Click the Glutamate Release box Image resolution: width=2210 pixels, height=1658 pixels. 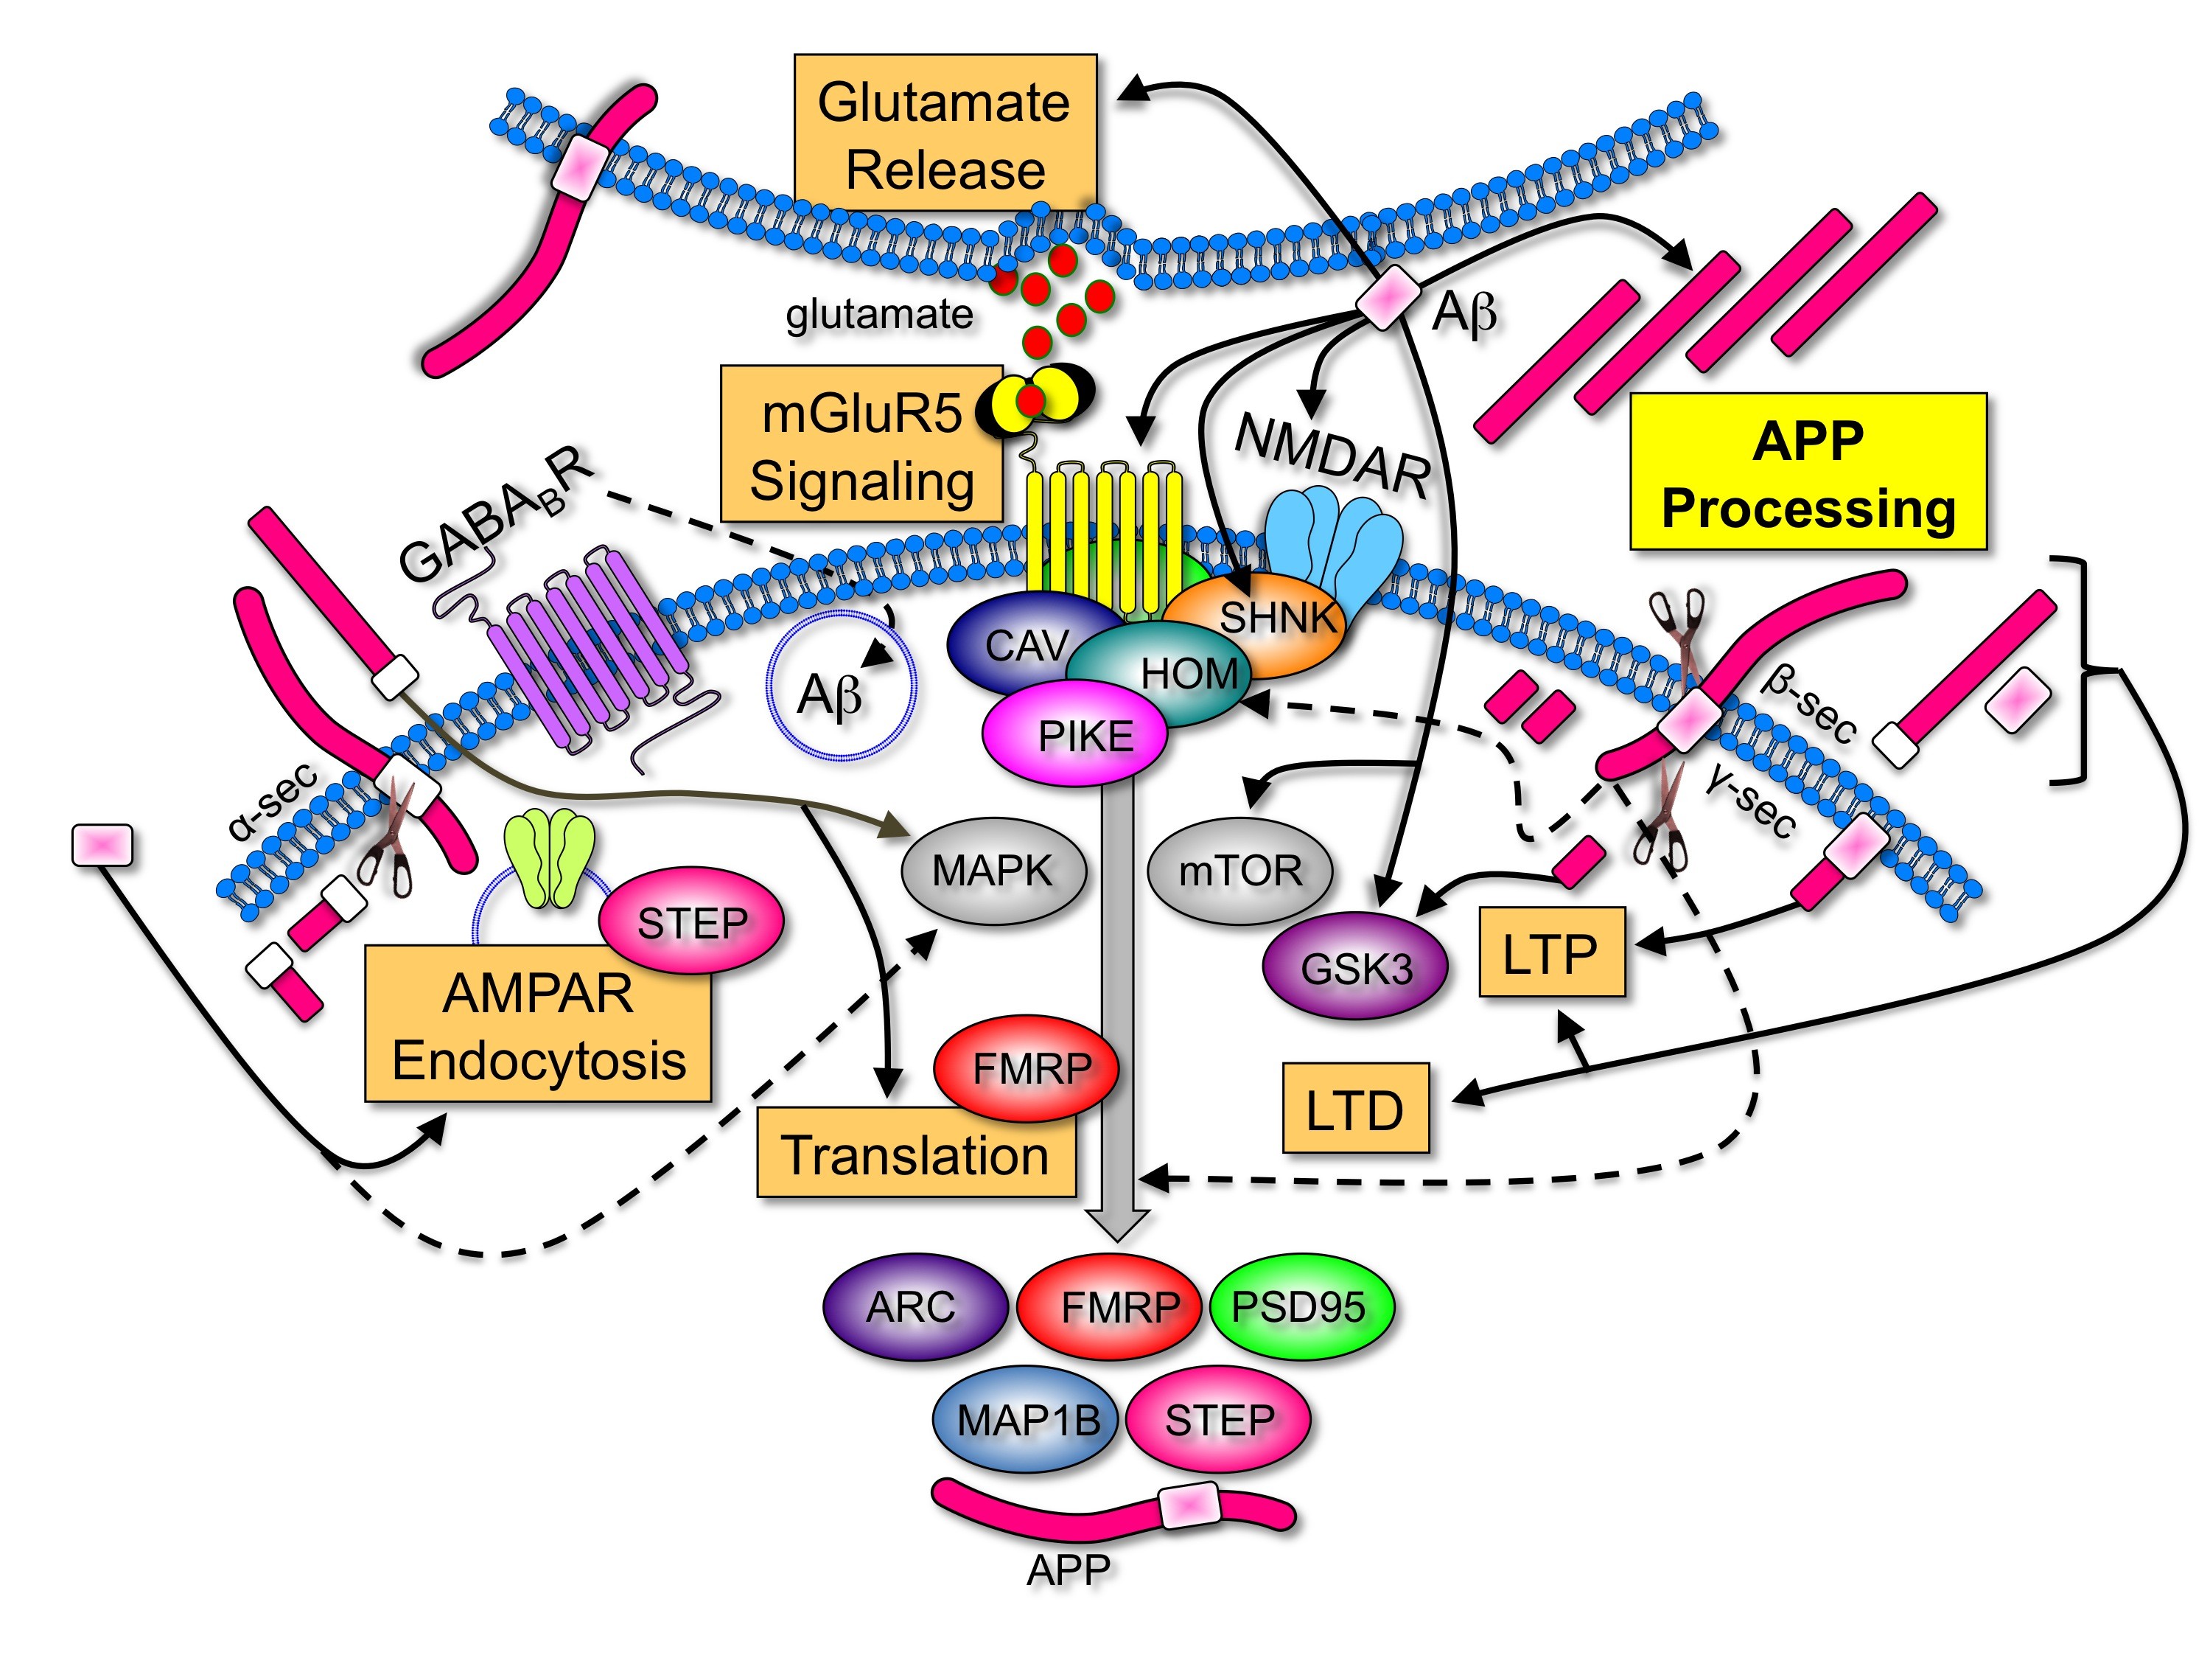coord(945,132)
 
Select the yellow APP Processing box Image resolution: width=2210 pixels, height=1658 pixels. coord(1808,472)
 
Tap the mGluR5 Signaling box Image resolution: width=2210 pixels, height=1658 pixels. coord(861,444)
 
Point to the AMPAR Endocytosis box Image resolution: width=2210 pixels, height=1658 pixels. coord(537,1023)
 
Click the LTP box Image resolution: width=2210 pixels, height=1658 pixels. coord(1552,952)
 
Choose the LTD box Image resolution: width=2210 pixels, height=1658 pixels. coord(1356,1108)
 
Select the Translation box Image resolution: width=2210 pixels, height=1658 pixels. coord(916,1152)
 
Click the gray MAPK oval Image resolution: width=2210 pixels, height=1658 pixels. coord(993,871)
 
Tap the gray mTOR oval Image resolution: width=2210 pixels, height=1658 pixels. coord(1240,871)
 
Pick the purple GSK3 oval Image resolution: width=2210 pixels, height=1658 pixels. coord(1354,966)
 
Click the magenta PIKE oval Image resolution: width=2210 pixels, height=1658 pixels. coord(1075,734)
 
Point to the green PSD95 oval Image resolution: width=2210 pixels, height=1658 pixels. coord(1301,1307)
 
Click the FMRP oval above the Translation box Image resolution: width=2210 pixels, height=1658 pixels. coord(1026,1068)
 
